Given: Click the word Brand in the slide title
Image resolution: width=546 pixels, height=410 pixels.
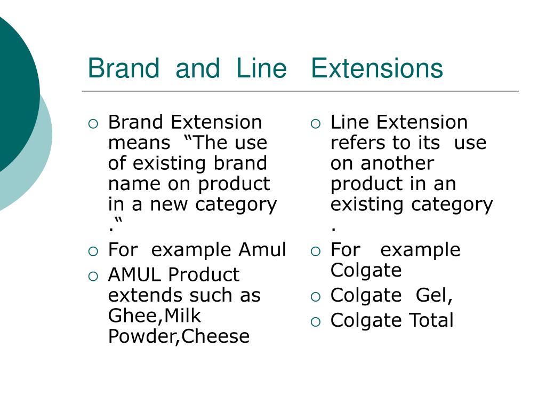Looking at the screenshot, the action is pos(124,68).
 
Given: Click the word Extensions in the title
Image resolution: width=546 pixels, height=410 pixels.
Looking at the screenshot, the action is pos(377,68).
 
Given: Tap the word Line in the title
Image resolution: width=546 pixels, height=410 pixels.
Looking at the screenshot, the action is pos(261,68).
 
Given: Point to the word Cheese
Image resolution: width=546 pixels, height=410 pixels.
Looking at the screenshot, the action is pos(215,336).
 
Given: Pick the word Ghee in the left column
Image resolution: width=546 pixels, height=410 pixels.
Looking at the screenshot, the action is pos(133,316).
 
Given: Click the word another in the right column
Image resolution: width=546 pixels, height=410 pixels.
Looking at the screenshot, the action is pos(397,163).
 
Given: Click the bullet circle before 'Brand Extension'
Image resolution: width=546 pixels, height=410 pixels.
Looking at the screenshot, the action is pos(93,124).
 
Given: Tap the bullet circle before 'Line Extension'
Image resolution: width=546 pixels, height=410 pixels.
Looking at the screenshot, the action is pos(316,124).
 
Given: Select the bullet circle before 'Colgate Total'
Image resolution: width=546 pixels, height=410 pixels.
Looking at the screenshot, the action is pos(316,322).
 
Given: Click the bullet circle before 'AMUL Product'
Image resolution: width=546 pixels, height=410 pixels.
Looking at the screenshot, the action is pos(93,277).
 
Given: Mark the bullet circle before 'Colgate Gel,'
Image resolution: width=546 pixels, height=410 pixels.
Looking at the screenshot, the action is pos(316,297).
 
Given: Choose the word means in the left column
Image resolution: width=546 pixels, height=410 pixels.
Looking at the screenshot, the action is pos(139,143).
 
